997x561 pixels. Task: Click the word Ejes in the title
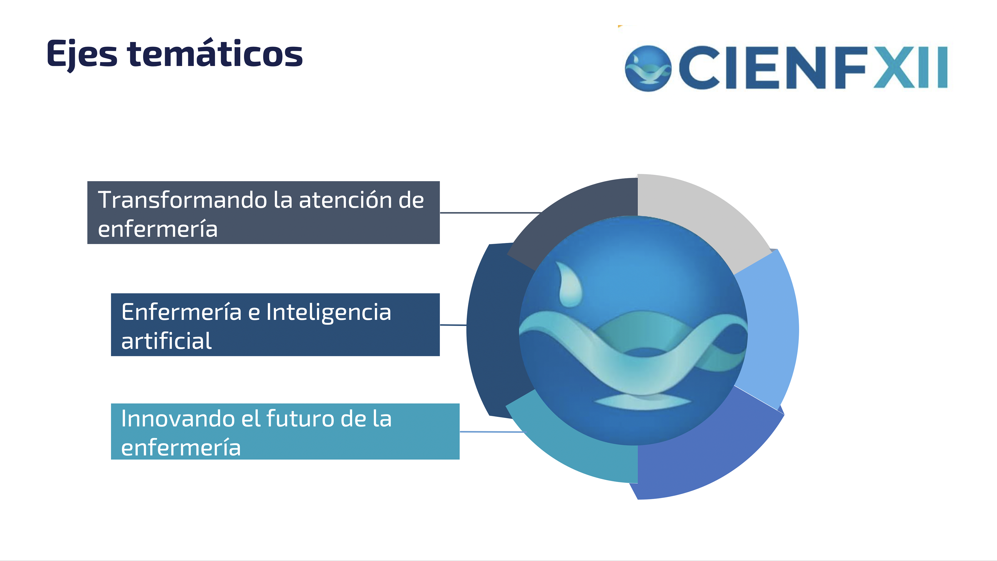[x=82, y=55]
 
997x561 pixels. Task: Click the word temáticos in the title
[x=215, y=53]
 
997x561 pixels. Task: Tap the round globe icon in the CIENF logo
[x=648, y=68]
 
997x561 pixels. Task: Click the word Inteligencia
[x=329, y=313]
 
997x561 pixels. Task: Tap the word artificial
[x=166, y=341]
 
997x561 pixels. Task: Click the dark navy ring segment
[x=494, y=329]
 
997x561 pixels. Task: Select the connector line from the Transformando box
[x=491, y=213]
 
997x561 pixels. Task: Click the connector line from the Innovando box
[x=493, y=431]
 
